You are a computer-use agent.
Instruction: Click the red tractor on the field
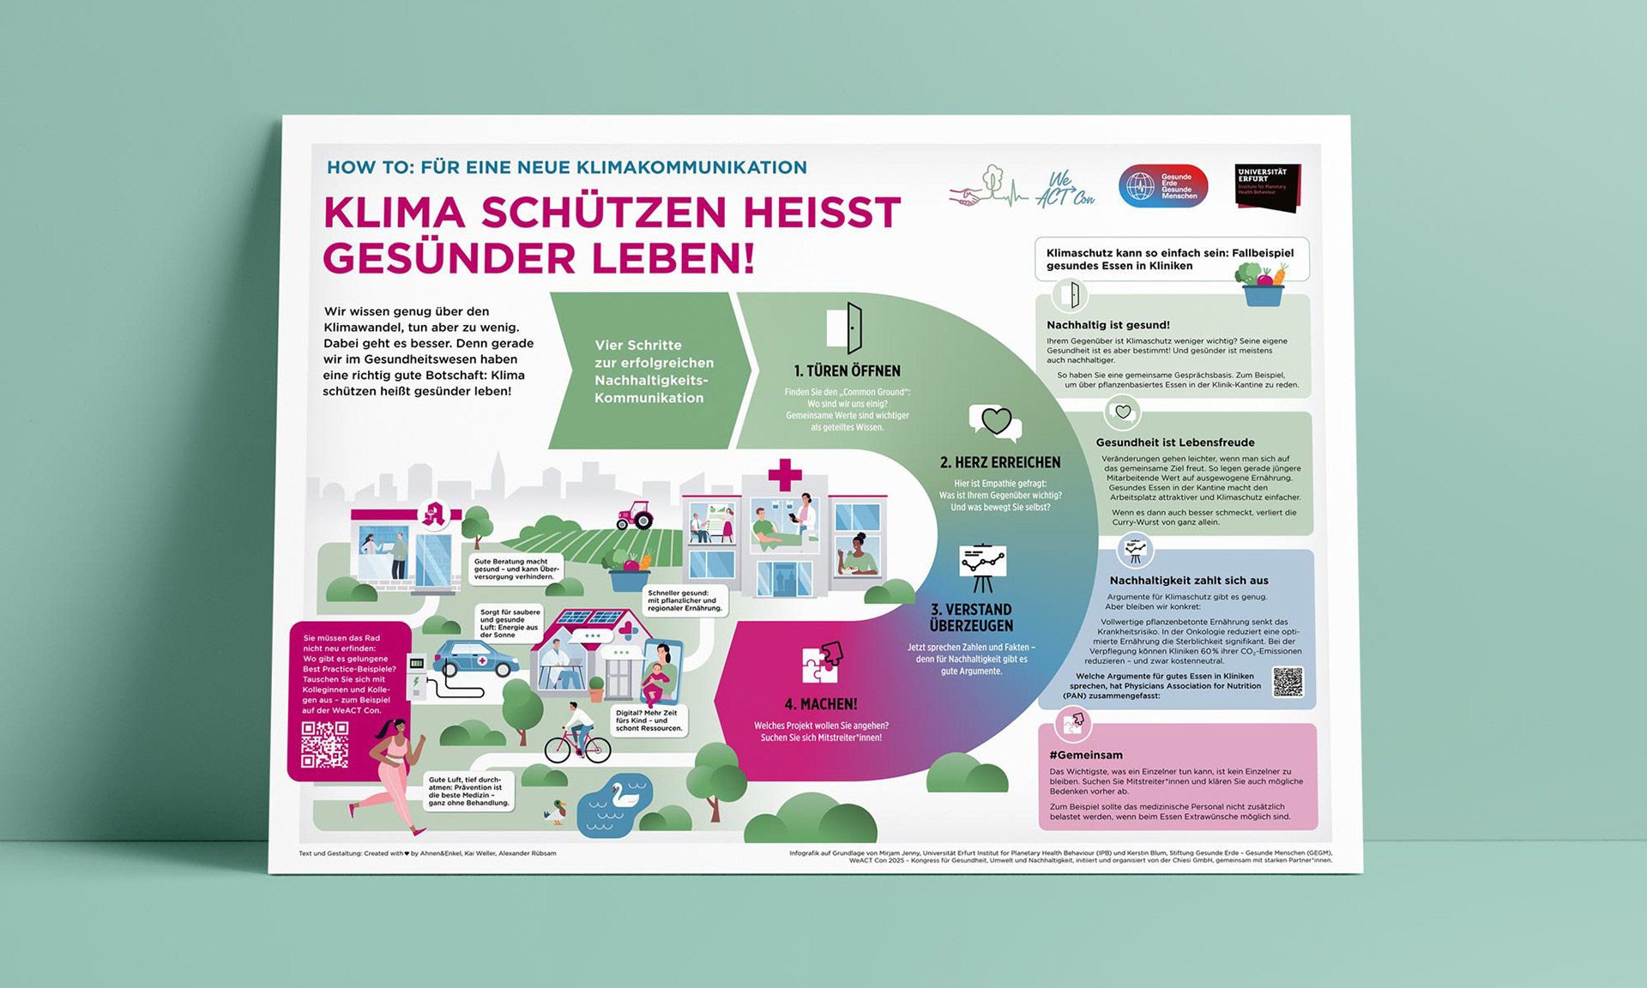coord(635,516)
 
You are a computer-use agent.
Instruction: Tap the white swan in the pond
coord(624,795)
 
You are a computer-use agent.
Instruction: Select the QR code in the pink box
coord(325,744)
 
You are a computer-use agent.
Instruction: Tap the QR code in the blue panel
coord(1288,683)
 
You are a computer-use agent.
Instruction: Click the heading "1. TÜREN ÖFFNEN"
coord(847,371)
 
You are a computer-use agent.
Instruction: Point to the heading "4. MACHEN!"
coord(820,704)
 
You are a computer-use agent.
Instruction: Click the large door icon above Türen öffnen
coord(845,328)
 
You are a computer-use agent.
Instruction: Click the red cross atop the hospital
coord(784,474)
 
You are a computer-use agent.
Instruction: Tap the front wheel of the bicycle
coord(595,750)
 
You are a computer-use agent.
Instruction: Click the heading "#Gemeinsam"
coord(1085,755)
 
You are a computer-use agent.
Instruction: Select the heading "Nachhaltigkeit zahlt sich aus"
coord(1188,581)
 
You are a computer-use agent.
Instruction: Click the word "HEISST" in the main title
coord(822,213)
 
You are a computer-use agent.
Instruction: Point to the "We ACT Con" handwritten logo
coord(1064,189)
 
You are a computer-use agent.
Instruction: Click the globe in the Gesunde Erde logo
coord(1140,186)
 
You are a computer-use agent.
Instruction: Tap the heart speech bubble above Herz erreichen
coord(996,422)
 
